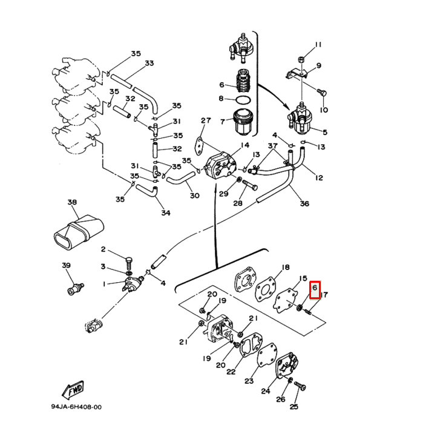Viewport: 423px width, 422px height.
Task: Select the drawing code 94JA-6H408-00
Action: pos(76,407)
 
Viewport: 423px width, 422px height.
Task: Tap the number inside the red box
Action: pos(315,290)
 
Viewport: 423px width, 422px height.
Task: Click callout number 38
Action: pos(72,202)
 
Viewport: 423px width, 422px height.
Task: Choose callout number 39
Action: pos(66,265)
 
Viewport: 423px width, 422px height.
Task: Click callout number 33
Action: pos(149,63)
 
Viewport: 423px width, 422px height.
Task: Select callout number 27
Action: pos(205,120)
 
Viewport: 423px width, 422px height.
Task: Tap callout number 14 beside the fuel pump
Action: pos(244,145)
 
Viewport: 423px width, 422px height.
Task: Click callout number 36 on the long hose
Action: pos(304,203)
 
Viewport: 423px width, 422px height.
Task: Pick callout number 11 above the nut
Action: pos(318,45)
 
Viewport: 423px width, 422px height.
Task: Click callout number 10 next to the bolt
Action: pos(324,110)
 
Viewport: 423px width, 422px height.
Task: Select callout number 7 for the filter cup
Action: pos(223,122)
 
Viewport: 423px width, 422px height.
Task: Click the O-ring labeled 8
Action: pos(243,99)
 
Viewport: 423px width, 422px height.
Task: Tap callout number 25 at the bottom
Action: pos(294,406)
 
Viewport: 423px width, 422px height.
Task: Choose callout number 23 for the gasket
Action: pos(249,381)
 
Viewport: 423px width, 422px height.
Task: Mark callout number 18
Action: pos(286,267)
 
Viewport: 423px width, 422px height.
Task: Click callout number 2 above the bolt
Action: pos(103,249)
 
